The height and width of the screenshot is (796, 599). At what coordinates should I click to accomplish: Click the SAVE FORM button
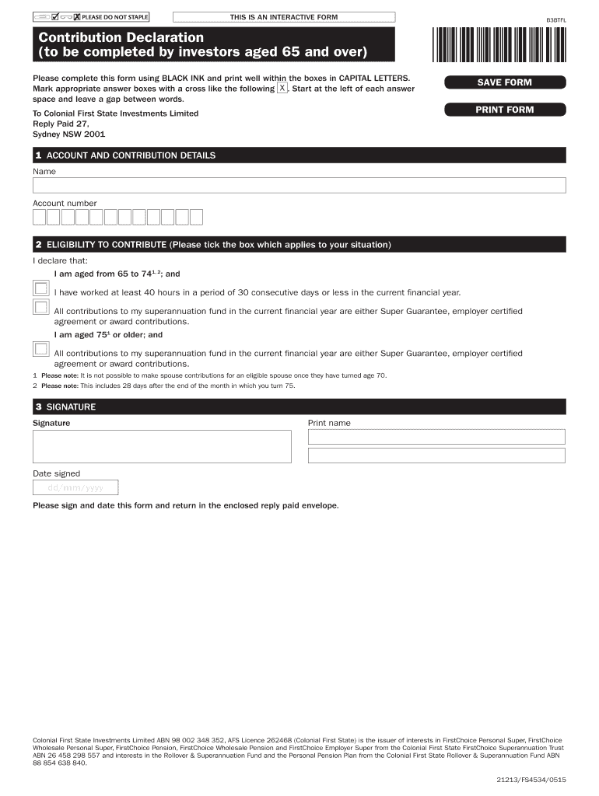click(504, 82)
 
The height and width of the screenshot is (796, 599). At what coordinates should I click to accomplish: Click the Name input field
click(299, 185)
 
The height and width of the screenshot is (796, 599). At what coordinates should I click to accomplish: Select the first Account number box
click(39, 217)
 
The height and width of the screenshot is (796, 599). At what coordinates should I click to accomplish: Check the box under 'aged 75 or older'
click(40, 348)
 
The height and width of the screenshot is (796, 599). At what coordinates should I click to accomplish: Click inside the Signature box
click(162, 446)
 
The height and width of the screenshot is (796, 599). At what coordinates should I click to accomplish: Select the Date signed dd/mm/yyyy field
click(75, 487)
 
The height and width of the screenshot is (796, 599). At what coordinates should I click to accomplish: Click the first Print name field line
click(436, 436)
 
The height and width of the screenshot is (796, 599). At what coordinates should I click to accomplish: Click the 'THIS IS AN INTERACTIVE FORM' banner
click(283, 17)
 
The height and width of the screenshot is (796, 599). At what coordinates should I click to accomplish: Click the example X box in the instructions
click(282, 89)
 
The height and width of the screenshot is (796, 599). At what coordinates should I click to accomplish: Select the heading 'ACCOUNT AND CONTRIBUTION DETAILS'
click(131, 155)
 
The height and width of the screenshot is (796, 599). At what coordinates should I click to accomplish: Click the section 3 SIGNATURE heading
click(71, 407)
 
